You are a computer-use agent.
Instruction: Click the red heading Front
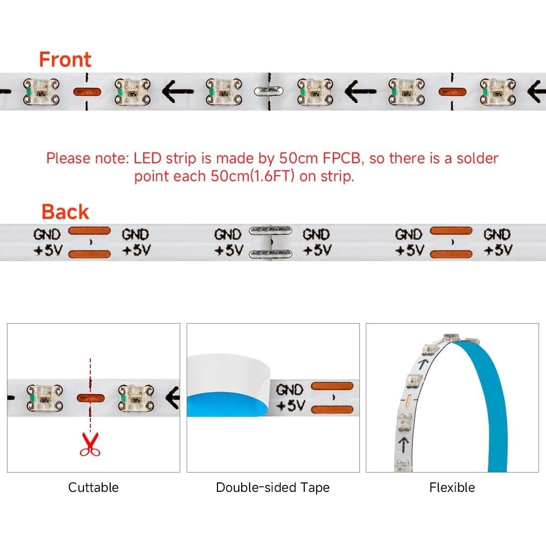coord(65,59)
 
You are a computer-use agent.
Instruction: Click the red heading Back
coord(65,212)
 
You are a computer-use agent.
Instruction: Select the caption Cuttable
coord(93,487)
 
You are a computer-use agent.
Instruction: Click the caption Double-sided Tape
coord(273,487)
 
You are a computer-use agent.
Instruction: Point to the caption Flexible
coord(452,487)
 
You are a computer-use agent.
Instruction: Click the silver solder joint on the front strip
coord(269,92)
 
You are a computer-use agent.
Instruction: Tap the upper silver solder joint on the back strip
coord(270,230)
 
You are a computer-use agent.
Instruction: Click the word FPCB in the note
coord(341,158)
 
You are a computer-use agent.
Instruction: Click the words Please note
coord(87,158)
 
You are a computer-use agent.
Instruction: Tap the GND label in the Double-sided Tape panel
coord(289,390)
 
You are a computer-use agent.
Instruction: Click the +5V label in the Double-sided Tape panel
coord(290,406)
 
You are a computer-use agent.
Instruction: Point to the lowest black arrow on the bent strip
coord(403,445)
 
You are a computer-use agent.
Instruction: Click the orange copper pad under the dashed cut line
coord(90,398)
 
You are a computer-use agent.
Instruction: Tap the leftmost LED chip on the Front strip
coord(41,92)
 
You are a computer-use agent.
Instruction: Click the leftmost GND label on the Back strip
coord(47,234)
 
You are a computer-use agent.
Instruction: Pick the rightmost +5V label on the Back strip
coord(498,250)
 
